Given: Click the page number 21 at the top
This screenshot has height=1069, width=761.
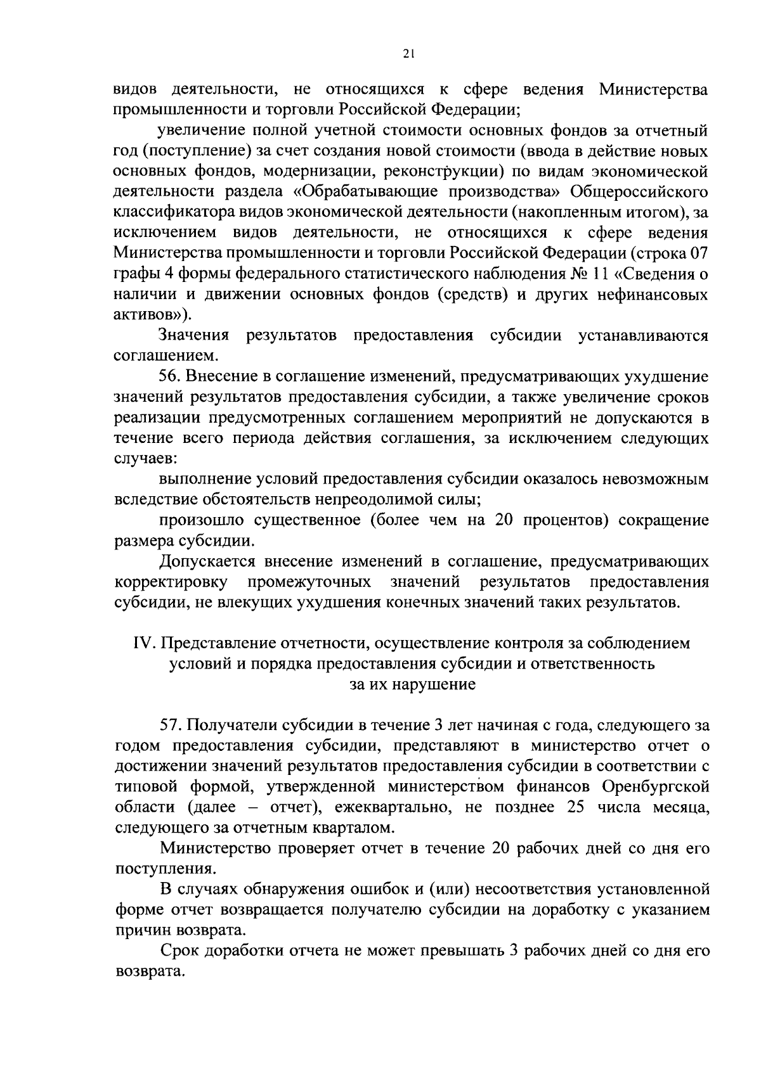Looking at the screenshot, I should tap(408, 54).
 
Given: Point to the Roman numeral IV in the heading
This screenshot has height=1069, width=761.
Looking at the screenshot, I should tap(143, 644).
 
